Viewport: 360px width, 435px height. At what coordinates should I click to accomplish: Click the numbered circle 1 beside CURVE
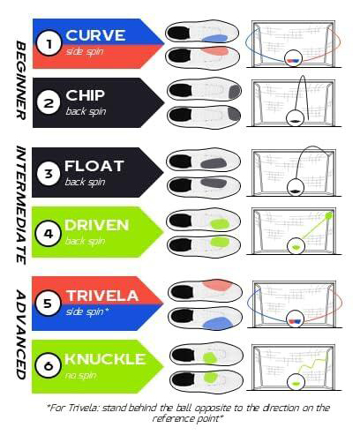pos(49,43)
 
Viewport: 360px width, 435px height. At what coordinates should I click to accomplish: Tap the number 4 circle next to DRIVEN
pos(48,234)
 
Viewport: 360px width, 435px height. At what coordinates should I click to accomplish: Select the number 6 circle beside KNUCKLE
pos(48,365)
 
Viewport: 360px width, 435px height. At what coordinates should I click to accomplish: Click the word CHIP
pos(85,95)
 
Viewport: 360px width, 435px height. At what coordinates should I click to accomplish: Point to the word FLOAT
pos(94,166)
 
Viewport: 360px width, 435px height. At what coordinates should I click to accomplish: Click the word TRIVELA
pos(102,296)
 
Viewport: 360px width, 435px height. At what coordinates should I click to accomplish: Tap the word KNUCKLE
pos(105,359)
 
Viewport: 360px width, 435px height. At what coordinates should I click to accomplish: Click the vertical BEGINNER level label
pos(20,80)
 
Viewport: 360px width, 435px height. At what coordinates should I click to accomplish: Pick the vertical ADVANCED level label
pos(20,334)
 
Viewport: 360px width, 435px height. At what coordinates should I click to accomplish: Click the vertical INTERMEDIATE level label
pos(20,205)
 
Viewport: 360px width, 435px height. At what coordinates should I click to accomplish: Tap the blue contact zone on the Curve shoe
pos(215,39)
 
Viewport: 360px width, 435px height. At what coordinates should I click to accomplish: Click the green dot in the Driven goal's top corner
pos(329,216)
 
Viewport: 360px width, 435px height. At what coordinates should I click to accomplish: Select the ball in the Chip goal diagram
pos(295,118)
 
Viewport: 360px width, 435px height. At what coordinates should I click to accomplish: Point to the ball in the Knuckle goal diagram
pos(296,382)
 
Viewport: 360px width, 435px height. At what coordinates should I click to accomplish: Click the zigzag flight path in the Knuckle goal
pos(312,364)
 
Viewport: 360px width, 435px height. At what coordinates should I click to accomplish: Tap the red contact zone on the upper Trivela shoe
pos(218,285)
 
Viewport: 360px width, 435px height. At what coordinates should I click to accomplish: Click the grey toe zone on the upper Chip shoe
pos(235,92)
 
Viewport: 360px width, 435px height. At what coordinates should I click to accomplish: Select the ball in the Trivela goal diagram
pos(295,319)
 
